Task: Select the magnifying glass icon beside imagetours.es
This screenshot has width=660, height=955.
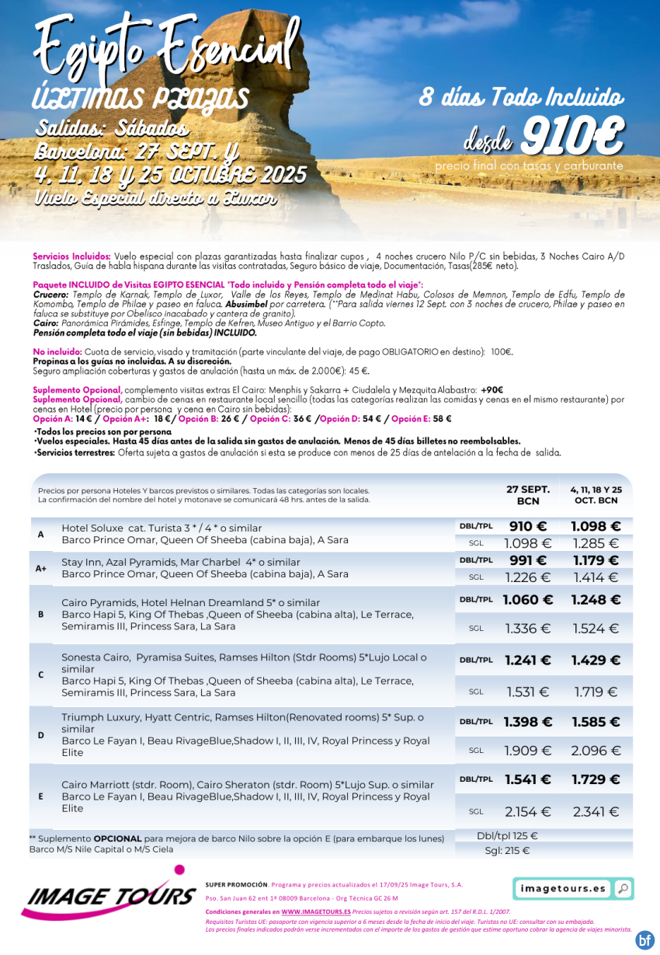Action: tap(622, 888)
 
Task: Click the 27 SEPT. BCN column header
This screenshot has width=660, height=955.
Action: tap(527, 495)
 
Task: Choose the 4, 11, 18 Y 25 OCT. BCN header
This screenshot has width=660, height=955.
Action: tap(596, 495)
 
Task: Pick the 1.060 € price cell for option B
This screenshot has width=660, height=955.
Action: tap(527, 600)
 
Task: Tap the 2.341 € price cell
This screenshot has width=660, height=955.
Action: tap(596, 812)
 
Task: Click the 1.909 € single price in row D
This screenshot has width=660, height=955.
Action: tap(527, 751)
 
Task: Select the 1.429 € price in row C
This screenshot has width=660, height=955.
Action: tap(596, 660)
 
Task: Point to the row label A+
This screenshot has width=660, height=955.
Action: tap(41, 569)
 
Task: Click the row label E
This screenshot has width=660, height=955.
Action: tap(41, 796)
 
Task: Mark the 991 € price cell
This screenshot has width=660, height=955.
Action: tap(527, 560)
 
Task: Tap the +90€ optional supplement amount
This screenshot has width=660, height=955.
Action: tap(492, 389)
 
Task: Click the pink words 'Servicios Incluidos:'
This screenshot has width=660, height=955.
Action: tap(72, 256)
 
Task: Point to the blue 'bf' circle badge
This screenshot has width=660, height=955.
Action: tap(644, 940)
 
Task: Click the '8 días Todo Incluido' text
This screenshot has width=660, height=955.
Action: tap(521, 98)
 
